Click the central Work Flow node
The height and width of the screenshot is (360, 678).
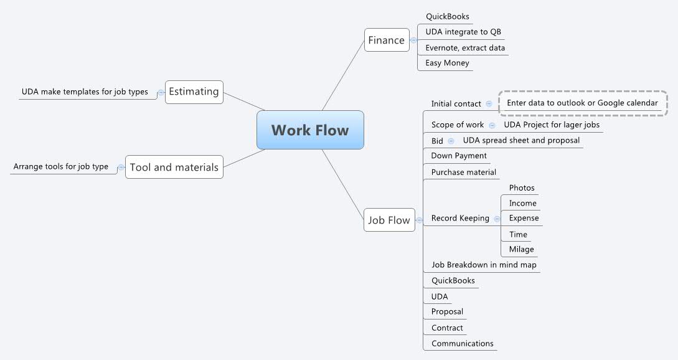click(310, 130)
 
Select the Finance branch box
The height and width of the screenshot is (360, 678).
click(387, 40)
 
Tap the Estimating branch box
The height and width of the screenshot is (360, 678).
click(194, 92)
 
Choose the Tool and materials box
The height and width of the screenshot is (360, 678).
click(174, 167)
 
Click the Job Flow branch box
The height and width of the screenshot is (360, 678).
click(389, 220)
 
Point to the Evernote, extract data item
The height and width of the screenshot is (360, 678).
click(465, 48)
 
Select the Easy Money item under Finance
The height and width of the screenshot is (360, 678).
click(447, 63)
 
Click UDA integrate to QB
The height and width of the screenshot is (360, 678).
click(463, 32)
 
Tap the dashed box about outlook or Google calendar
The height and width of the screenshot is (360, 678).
click(582, 103)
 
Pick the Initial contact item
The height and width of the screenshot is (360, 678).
click(456, 104)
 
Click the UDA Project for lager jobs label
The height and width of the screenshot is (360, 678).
click(552, 125)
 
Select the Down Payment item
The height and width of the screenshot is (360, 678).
click(459, 156)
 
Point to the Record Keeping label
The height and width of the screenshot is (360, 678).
click(460, 218)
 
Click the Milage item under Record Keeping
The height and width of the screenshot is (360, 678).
click(521, 249)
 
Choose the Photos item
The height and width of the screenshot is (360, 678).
click(522, 188)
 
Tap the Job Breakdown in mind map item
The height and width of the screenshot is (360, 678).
click(484, 265)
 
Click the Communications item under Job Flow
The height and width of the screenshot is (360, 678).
click(462, 343)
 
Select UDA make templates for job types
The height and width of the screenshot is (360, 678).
click(85, 92)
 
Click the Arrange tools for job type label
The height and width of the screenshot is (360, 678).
click(61, 167)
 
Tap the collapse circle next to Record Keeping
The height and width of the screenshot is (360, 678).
click(497, 219)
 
